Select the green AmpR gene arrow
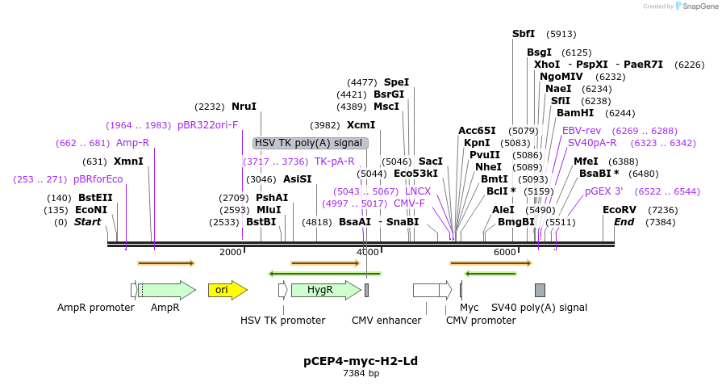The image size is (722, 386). [168, 290]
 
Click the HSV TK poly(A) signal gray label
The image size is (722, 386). [310, 143]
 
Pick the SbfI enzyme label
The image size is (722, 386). [524, 34]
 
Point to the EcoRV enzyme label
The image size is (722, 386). [619, 210]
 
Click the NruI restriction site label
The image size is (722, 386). [244, 107]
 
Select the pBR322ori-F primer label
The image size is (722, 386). [208, 125]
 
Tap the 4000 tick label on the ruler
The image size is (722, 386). [367, 253]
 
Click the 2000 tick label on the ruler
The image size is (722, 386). [231, 253]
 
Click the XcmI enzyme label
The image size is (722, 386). [361, 125]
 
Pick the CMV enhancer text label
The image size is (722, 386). [386, 321]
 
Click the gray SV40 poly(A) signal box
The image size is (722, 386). [540, 290]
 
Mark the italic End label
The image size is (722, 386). [624, 222]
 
